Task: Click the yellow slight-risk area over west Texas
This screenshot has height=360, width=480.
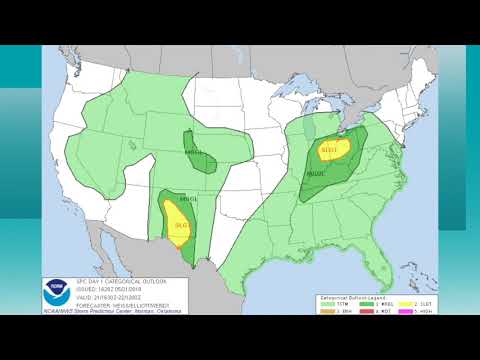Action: (x=181, y=226)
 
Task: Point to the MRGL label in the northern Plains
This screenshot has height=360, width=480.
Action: (x=194, y=152)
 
